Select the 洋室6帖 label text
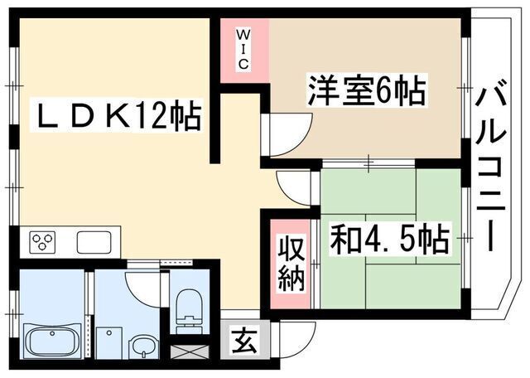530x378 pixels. pos(367,90)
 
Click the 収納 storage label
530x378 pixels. pos(291,264)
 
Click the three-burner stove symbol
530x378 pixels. pos(41,242)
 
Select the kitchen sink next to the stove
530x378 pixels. pos(94,242)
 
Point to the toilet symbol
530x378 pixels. pos(188,307)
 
